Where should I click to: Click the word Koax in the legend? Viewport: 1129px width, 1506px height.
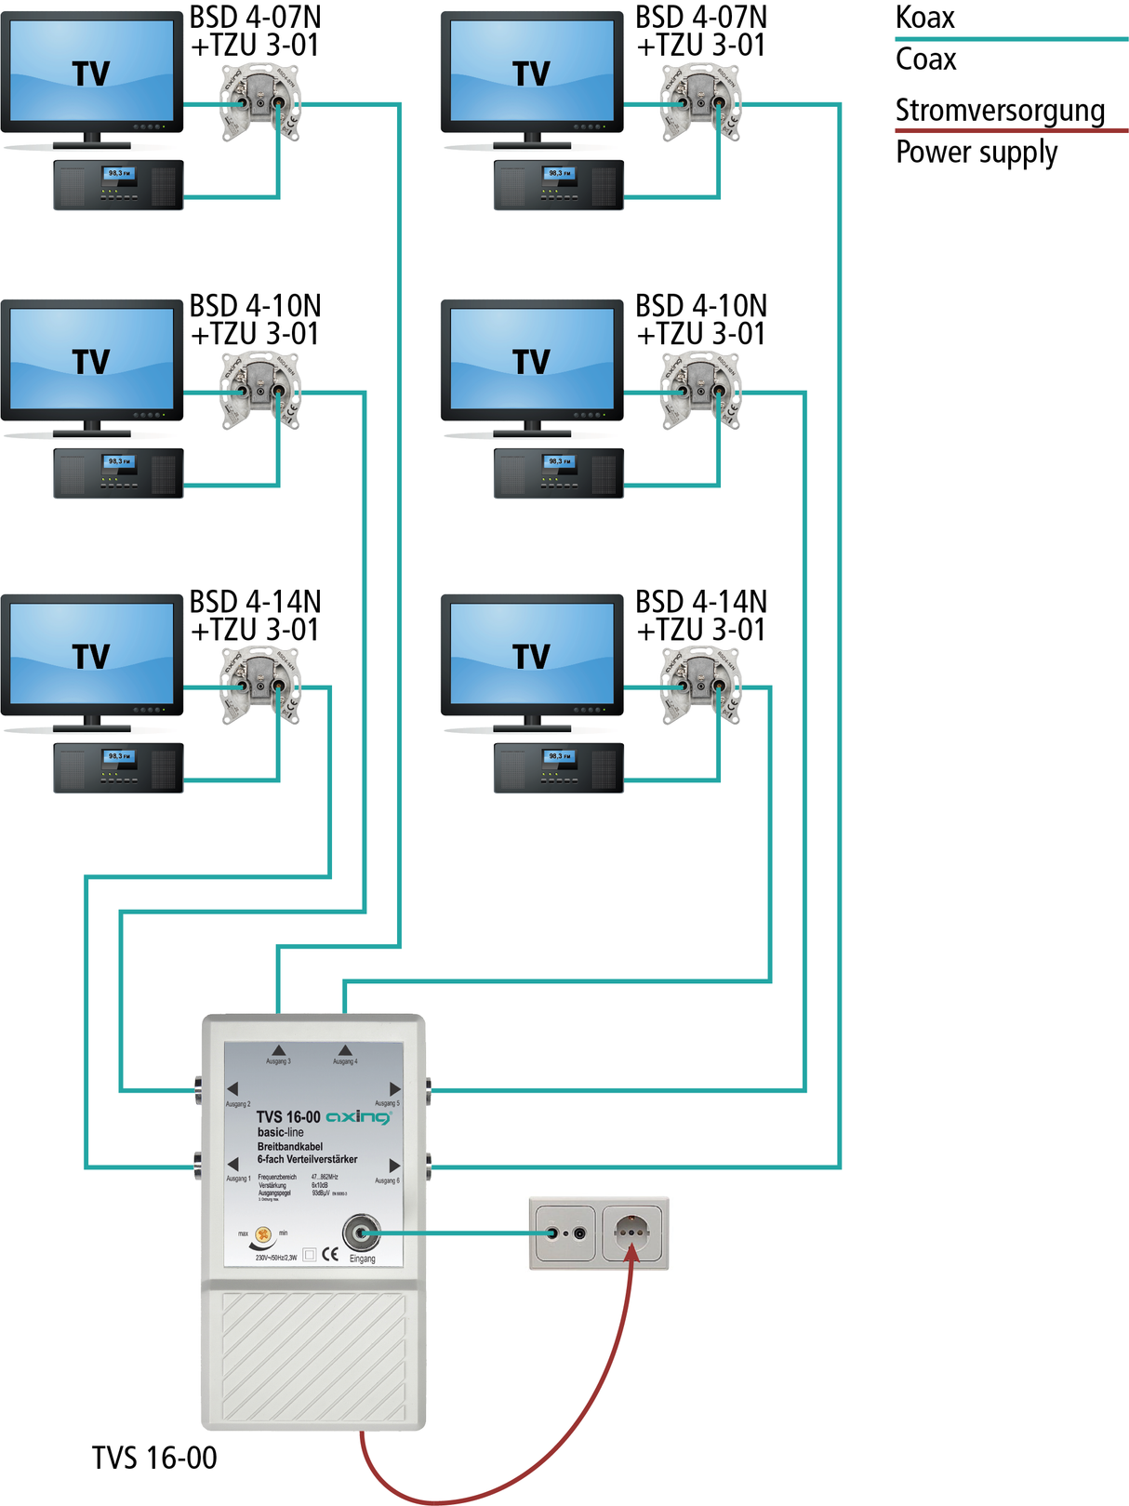pos(924,18)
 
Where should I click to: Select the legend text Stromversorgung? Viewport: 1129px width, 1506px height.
pos(1000,111)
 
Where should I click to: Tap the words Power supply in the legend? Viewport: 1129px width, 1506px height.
pos(976,153)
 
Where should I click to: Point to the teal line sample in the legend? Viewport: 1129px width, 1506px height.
pos(1011,39)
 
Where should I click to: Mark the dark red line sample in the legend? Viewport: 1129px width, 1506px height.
pos(1011,130)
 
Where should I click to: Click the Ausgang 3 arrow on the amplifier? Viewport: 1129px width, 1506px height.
pos(278,1050)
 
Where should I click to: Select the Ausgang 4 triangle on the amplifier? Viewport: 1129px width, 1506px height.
pos(345,1050)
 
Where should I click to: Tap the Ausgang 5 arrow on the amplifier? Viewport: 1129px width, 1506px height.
pos(394,1088)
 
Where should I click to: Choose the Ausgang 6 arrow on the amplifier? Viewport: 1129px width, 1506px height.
pos(394,1165)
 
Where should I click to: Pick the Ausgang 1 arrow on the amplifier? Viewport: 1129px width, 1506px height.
pos(232,1165)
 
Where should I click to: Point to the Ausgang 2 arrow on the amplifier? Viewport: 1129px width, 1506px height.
pos(232,1088)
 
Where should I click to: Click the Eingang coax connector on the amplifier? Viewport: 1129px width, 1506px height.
pos(361,1233)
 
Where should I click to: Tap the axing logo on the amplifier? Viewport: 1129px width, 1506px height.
pos(359,1116)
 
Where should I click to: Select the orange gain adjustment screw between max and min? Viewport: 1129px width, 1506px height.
pos(263,1236)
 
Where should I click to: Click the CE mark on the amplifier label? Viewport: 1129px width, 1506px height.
pos(330,1254)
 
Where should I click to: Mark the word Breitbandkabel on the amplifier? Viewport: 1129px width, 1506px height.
pos(290,1146)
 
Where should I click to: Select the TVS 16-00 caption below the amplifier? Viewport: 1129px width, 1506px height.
pos(154,1458)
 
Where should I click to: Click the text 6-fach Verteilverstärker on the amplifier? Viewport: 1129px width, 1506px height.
pos(307,1159)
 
